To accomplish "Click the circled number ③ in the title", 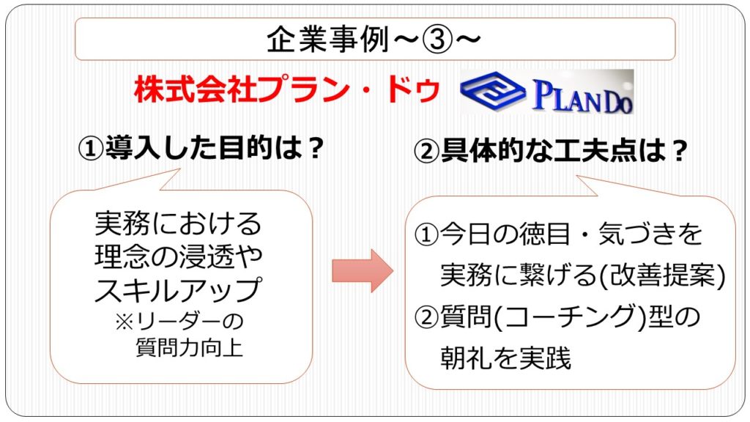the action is coord(437,40).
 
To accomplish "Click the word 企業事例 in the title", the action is coord(327,40).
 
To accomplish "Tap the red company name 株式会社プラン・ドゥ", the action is coord(287,89).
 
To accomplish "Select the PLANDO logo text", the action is coord(582,97).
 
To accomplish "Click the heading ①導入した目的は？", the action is coord(201,148).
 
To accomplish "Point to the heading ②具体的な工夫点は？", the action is coord(551,151).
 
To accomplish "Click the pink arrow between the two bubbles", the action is coord(363,270).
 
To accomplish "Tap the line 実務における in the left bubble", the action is coord(178,223).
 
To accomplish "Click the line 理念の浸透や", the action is coord(178,256).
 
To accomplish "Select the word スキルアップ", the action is coord(178,290).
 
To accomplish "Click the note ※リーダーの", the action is coord(179,322).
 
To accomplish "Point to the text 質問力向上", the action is coord(190,347).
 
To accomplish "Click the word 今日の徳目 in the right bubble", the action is coord(505,234).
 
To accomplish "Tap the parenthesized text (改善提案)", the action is coord(661,275).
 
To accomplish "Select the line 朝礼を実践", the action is coord(505,358).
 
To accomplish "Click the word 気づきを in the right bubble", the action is coord(650,234).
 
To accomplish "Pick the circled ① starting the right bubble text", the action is coord(426,235).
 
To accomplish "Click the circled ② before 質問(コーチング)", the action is coord(426,317).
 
